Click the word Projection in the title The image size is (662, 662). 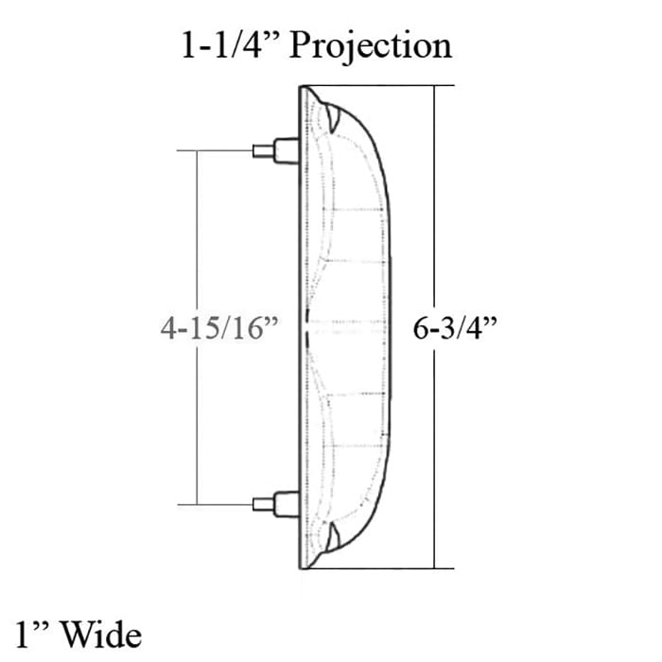[x=371, y=45]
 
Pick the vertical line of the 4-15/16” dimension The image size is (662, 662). [x=196, y=236]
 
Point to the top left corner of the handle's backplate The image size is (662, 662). [x=301, y=88]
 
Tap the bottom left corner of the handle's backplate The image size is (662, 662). [x=302, y=569]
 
